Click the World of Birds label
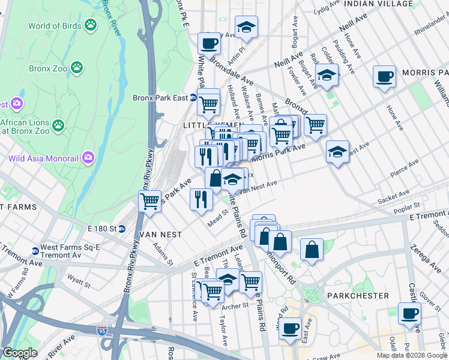(x=54, y=26)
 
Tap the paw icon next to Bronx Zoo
(x=77, y=68)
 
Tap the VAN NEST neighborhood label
(x=160, y=234)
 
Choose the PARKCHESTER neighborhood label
(x=358, y=296)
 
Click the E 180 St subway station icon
(x=121, y=229)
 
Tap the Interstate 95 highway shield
(x=103, y=331)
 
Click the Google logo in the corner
(x=20, y=353)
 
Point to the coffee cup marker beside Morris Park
(x=384, y=77)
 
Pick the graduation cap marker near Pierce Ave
(x=338, y=151)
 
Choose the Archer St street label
(x=235, y=306)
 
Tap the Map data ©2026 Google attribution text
(x=411, y=355)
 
